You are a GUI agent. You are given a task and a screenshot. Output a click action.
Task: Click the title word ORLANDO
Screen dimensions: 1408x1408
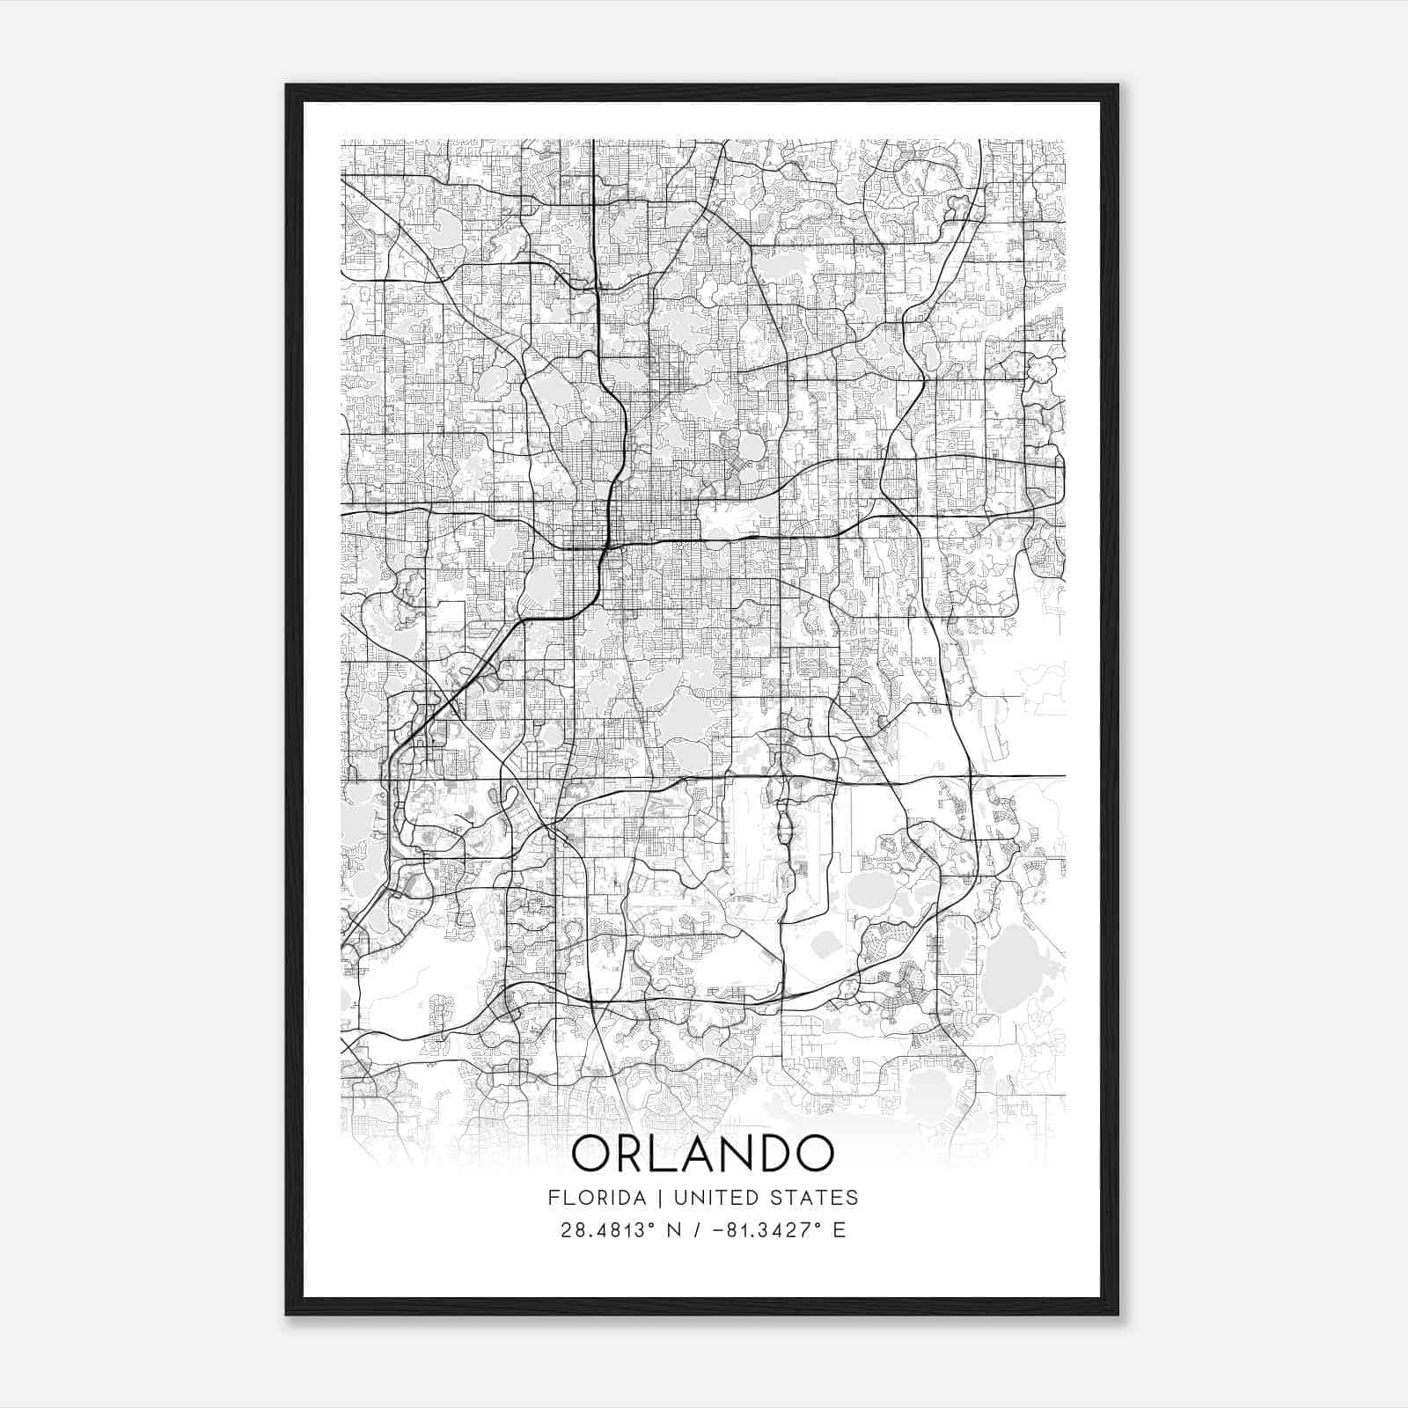[702, 1155]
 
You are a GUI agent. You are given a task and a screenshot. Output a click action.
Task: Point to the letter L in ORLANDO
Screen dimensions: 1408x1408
[662, 1155]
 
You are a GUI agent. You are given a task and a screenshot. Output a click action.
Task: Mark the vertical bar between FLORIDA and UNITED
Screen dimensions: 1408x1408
[642, 1198]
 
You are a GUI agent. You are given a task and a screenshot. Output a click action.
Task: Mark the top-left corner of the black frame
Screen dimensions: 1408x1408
[288, 86]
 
